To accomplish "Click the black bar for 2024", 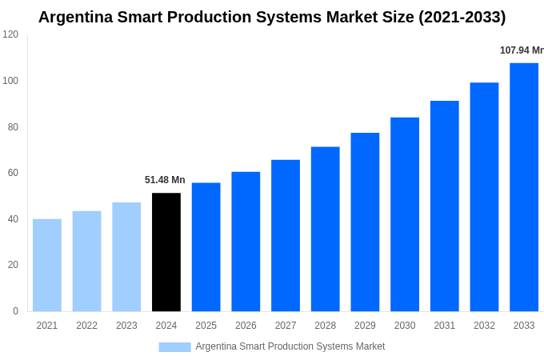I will tap(166, 252).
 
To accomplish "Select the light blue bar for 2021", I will tap(47, 265).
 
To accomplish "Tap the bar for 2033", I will tap(524, 187).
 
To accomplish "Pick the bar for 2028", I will tap(325, 229).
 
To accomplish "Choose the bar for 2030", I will tap(405, 214).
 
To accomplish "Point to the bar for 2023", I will tap(126, 257).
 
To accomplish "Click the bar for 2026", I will tap(246, 242).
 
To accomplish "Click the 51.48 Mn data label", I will tap(165, 180).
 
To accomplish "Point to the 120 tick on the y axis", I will tap(10, 34).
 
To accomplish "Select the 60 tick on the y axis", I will tap(13, 173).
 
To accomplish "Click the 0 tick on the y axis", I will tap(15, 311).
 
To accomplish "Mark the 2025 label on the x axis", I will tap(206, 326).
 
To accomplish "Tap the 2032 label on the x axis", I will tap(484, 326).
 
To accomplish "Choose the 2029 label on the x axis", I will tap(365, 326).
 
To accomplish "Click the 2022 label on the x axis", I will tap(86, 326).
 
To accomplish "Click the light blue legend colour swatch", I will tap(174, 347).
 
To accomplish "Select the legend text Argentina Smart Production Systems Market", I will tap(290, 346).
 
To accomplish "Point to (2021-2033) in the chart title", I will tap(462, 17).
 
